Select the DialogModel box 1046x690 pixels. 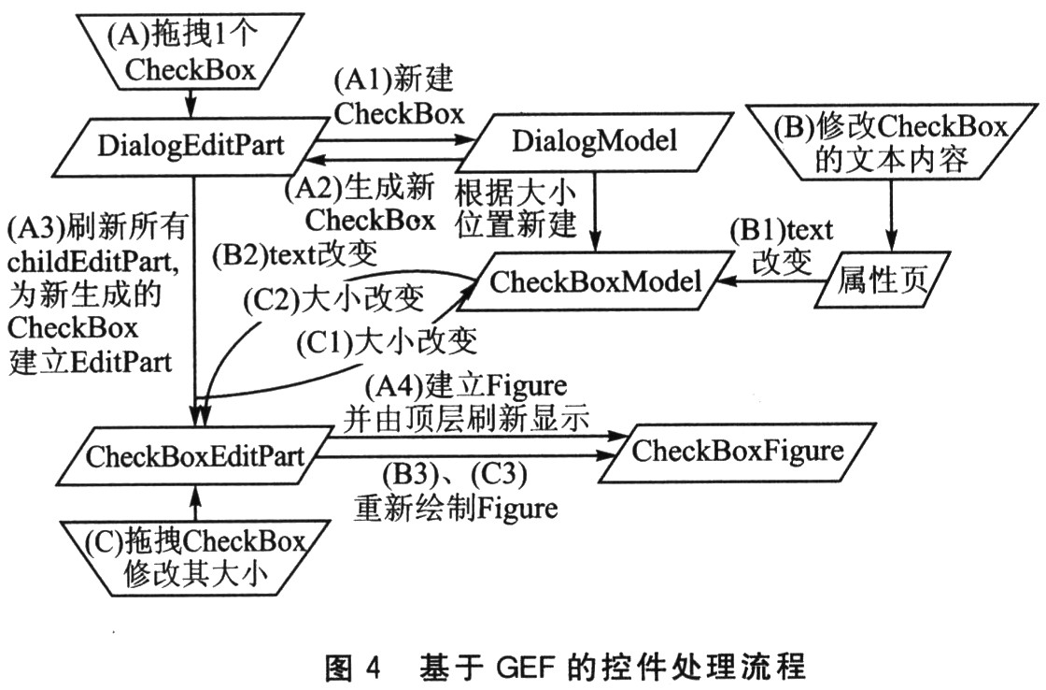(x=595, y=141)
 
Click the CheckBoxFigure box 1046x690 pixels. (x=738, y=451)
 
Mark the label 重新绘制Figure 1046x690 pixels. (x=456, y=509)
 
